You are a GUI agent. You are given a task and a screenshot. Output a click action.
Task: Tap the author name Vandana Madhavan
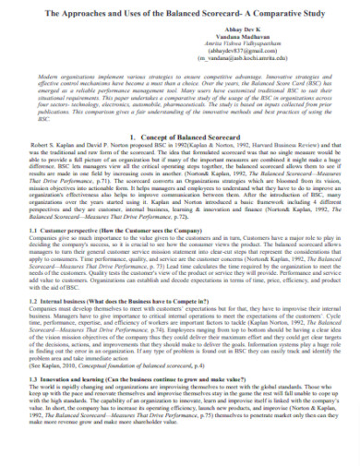coord(180,42)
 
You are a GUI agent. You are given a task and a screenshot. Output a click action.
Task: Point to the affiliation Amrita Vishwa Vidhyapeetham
coord(180,50)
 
